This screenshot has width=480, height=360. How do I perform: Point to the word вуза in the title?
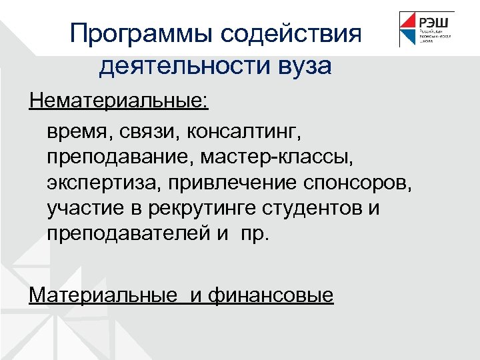(303, 66)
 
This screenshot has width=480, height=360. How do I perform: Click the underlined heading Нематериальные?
(119, 103)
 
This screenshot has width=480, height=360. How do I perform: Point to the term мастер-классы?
(289, 157)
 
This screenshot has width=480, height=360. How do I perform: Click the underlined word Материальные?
(106, 294)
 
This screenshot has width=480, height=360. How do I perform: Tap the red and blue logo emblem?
(409, 29)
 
